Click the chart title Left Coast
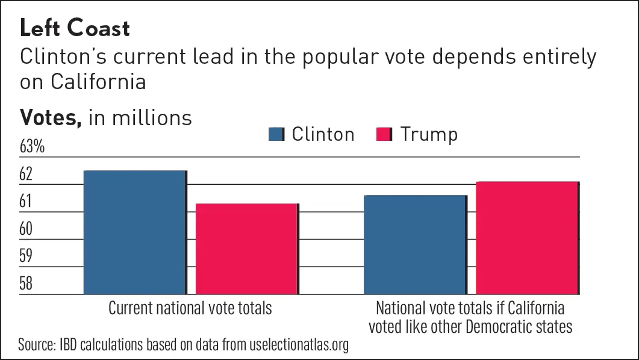[x=75, y=28]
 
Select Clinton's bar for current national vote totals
[x=134, y=232]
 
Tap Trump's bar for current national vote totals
[x=246, y=249]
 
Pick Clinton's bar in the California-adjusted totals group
[x=414, y=244]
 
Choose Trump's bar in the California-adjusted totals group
[x=527, y=237]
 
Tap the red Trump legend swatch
[x=385, y=134]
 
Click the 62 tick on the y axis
[x=26, y=175]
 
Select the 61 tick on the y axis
[x=26, y=202]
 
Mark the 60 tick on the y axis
[x=26, y=229]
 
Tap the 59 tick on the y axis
[x=26, y=256]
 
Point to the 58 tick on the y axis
[x=26, y=284]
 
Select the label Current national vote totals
[x=190, y=308]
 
